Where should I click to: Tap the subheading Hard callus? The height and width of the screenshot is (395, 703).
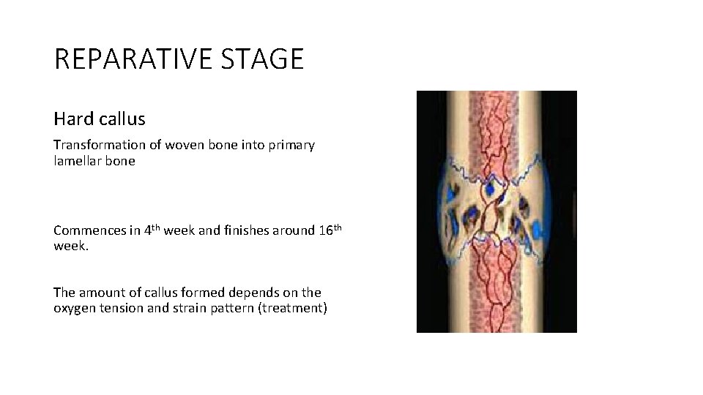(x=99, y=118)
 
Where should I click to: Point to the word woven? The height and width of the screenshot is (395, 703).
(x=182, y=145)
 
